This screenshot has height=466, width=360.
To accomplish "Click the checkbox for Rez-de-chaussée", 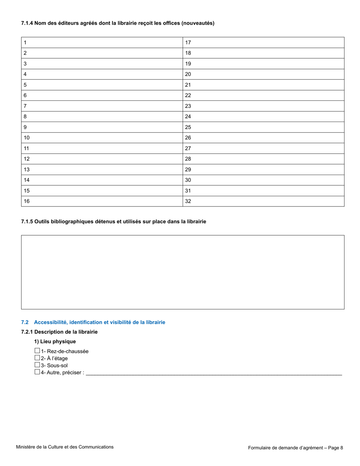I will [x=37, y=351].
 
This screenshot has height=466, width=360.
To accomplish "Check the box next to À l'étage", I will [x=37, y=358].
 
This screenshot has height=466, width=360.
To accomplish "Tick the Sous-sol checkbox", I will [x=37, y=365].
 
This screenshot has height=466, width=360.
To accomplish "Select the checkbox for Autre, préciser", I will [x=37, y=372].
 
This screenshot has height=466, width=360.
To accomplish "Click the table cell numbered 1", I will [x=102, y=42].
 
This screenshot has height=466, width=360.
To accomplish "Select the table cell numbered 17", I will [x=263, y=42].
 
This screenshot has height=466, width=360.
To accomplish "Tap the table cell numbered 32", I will [x=263, y=201].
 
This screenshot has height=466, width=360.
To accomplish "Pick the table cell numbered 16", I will [x=102, y=201].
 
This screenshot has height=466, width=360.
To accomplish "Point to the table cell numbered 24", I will [x=263, y=117].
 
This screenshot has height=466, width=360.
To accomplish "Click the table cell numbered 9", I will [x=102, y=127].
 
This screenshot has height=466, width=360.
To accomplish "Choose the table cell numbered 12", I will [x=102, y=159].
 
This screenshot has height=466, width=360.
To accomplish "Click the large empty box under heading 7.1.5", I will [x=182, y=272].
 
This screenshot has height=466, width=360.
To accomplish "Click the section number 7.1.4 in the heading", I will [x=27, y=23].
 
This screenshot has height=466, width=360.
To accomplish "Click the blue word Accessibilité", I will [x=51, y=322].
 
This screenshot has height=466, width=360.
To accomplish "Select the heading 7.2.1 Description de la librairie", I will [x=59, y=332].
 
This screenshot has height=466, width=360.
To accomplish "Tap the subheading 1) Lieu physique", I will [x=55, y=341].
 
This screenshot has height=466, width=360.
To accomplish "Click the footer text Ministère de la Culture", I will [x=64, y=447].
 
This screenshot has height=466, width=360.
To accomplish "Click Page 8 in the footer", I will [x=336, y=448].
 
